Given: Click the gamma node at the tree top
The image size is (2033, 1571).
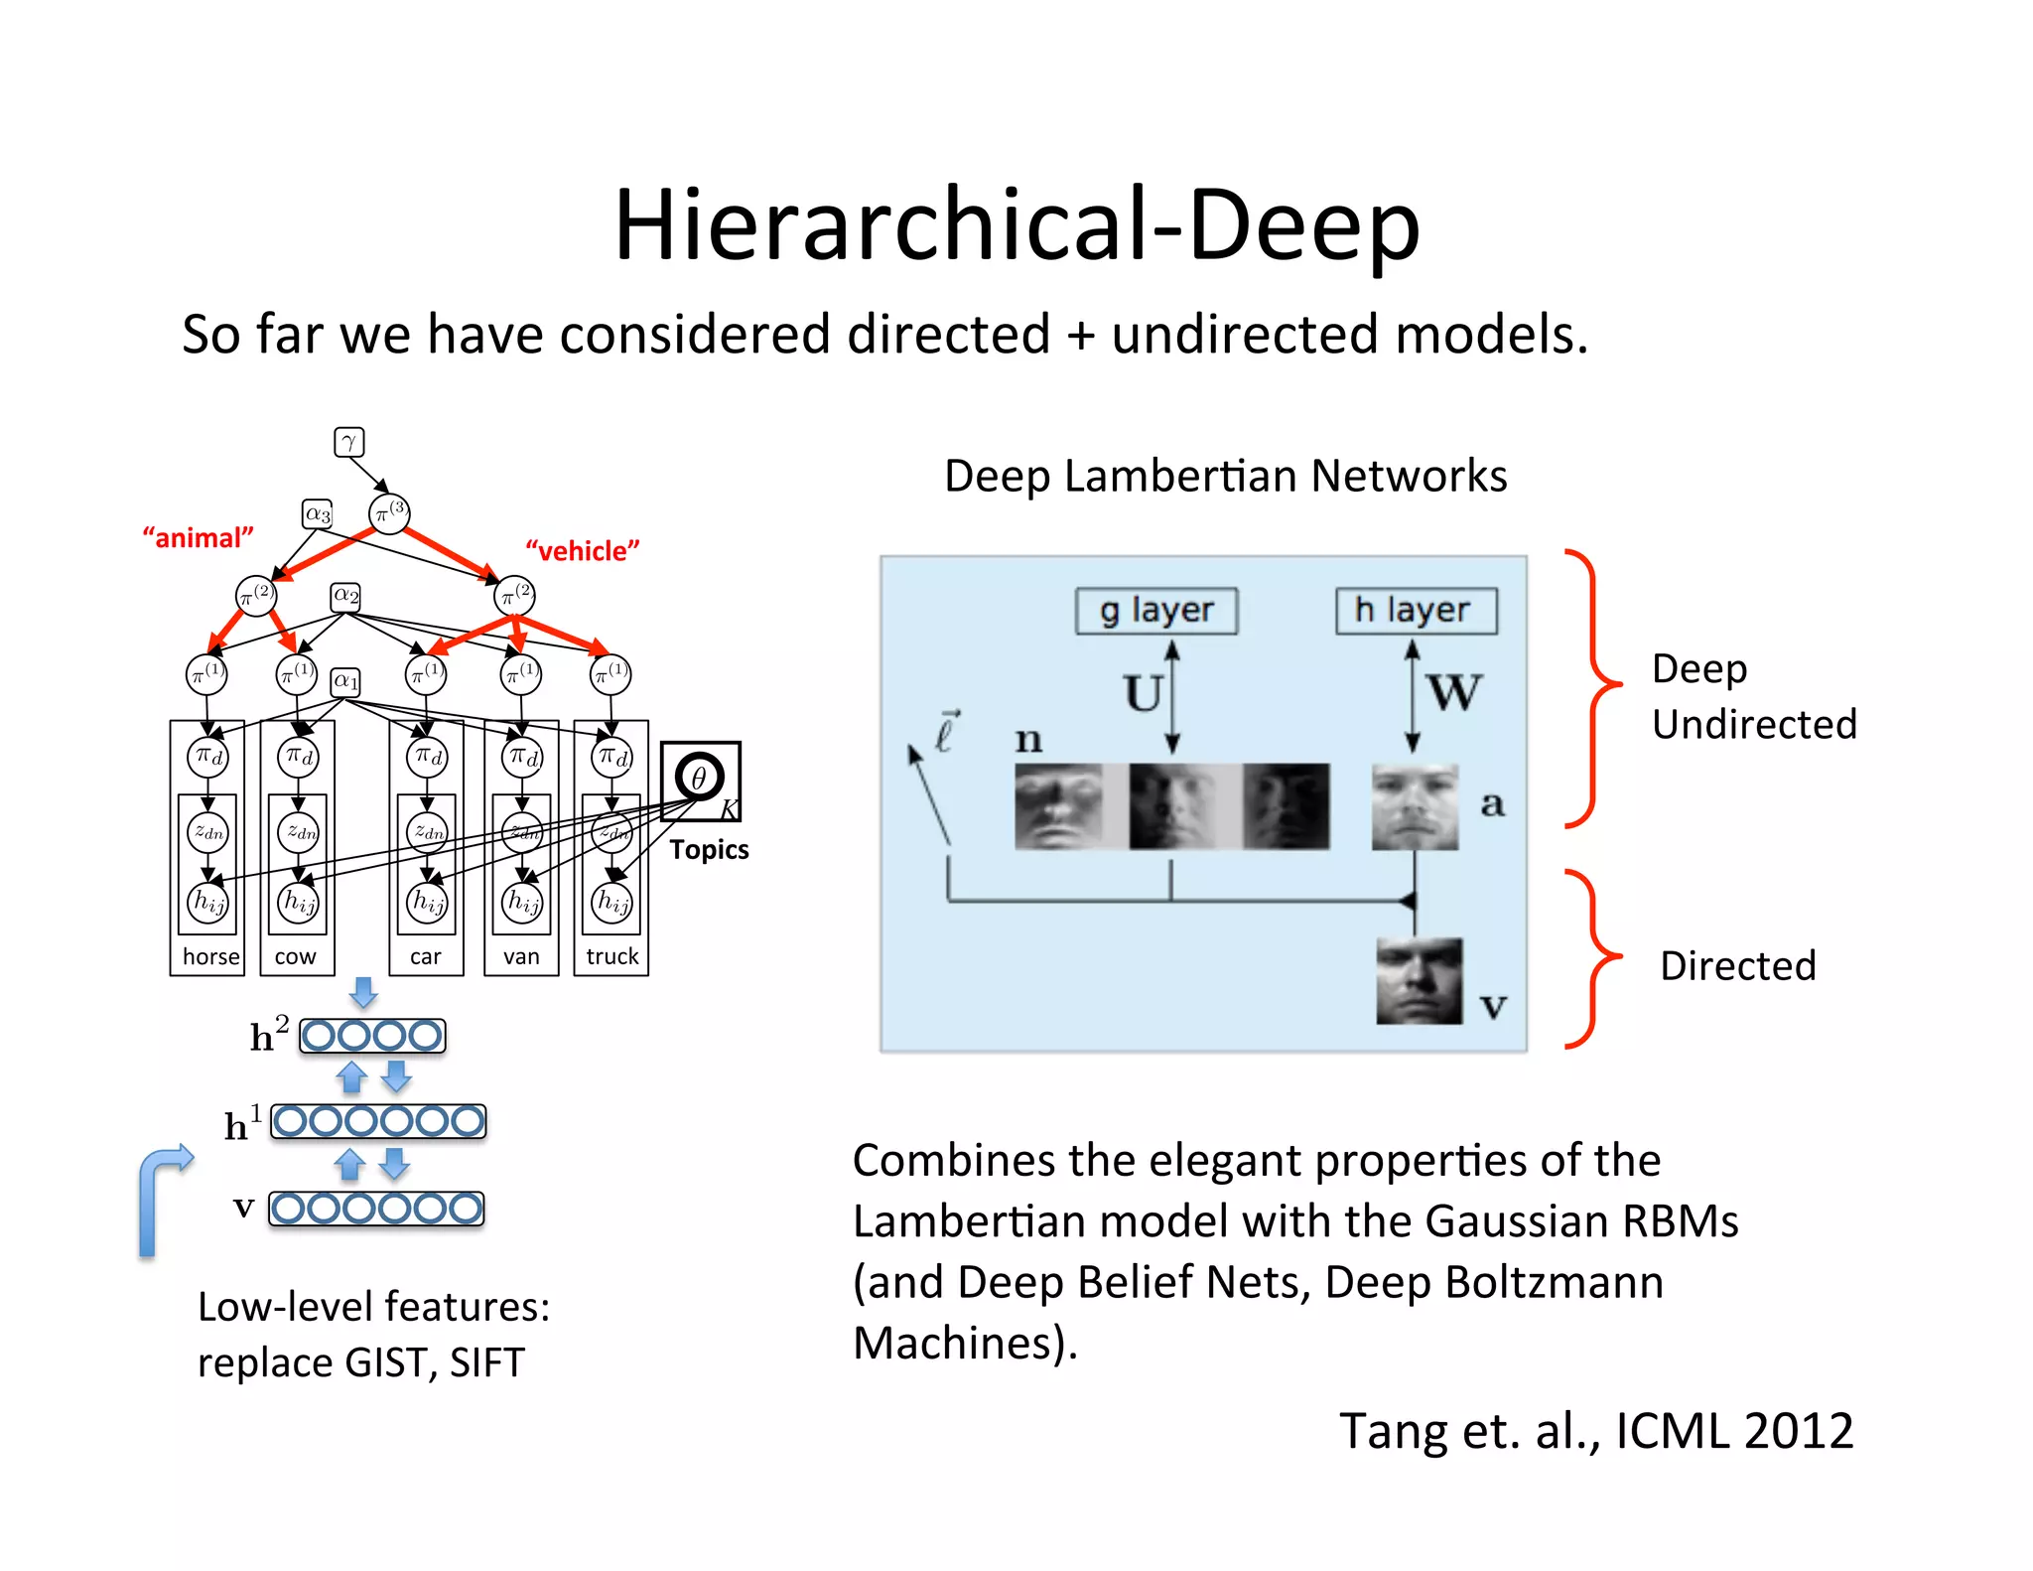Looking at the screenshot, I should click(348, 442).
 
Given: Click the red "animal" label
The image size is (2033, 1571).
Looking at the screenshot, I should click(198, 538).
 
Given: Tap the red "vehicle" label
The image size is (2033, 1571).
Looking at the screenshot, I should click(582, 551).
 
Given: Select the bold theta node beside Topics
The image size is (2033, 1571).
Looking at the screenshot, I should click(699, 778).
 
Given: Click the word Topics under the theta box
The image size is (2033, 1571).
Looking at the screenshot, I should click(709, 850).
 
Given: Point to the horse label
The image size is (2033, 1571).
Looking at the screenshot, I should click(210, 956).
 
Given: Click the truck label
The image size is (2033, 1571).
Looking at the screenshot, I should click(611, 956).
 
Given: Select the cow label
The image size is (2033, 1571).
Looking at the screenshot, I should click(295, 956).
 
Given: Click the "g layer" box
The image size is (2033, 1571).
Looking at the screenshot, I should click(1155, 611).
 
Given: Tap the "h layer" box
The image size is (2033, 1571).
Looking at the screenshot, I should click(1416, 611).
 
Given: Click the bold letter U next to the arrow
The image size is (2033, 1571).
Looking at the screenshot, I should click(1143, 693).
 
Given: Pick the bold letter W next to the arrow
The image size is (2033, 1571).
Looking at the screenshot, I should click(1453, 692).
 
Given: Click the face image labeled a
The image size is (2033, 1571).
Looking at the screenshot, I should click(1415, 806).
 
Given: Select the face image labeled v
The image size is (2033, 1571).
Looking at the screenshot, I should click(1419, 981).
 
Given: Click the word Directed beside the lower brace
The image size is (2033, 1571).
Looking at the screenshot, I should click(1737, 966).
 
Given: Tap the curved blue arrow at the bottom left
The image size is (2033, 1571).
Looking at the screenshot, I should click(159, 1197).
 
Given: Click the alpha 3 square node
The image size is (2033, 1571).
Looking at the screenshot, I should click(318, 514).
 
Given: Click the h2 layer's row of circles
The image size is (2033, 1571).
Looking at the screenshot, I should click(372, 1036).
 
